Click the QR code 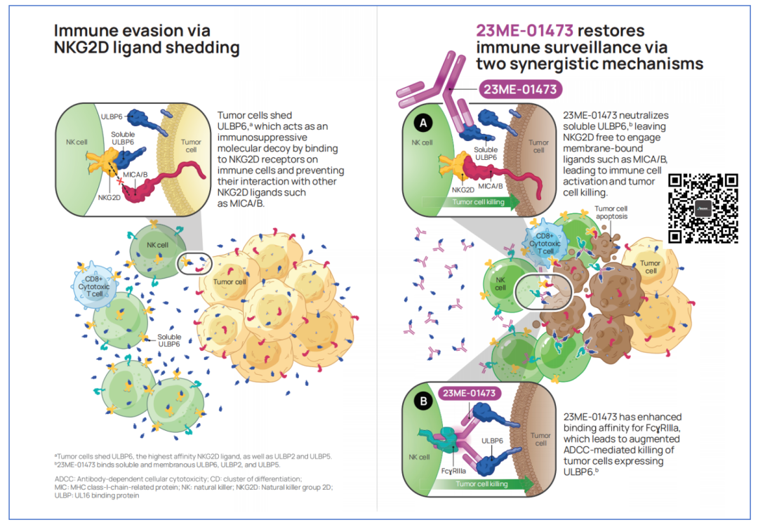703,208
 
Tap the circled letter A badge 423,122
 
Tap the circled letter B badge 423,403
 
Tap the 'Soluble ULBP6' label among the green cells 169,340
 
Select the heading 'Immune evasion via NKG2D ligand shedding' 147,39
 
